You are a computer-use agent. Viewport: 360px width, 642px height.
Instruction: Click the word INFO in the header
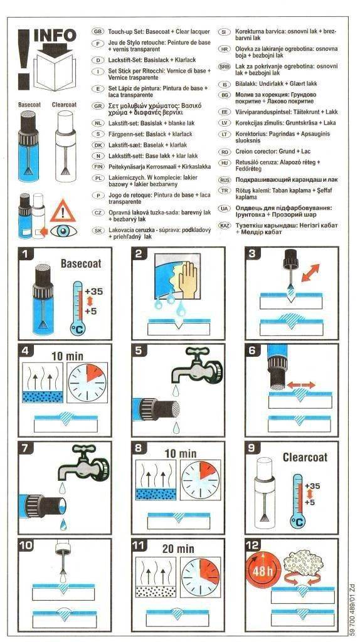coord(55,36)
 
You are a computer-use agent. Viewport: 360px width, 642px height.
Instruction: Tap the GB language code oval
coord(98,31)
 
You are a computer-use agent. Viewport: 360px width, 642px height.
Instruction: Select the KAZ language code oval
coord(225,226)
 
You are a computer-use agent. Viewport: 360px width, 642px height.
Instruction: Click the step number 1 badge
coord(25,254)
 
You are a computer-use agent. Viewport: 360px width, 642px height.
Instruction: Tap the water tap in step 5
coord(196,366)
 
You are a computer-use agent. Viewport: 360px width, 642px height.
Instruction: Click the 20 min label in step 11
coord(178,549)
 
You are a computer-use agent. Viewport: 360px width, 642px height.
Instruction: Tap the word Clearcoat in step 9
coord(305,457)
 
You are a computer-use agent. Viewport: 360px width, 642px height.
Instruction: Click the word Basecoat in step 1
coord(81,263)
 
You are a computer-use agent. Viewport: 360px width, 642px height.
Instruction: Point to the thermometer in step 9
coord(297,500)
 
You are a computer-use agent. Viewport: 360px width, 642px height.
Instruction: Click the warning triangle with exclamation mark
coord(63,211)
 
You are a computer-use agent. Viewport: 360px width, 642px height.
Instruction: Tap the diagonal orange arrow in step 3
coord(310,272)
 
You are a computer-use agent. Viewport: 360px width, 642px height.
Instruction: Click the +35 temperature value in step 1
coord(94,292)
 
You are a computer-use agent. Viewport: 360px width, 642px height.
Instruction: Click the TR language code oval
coord(225,191)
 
